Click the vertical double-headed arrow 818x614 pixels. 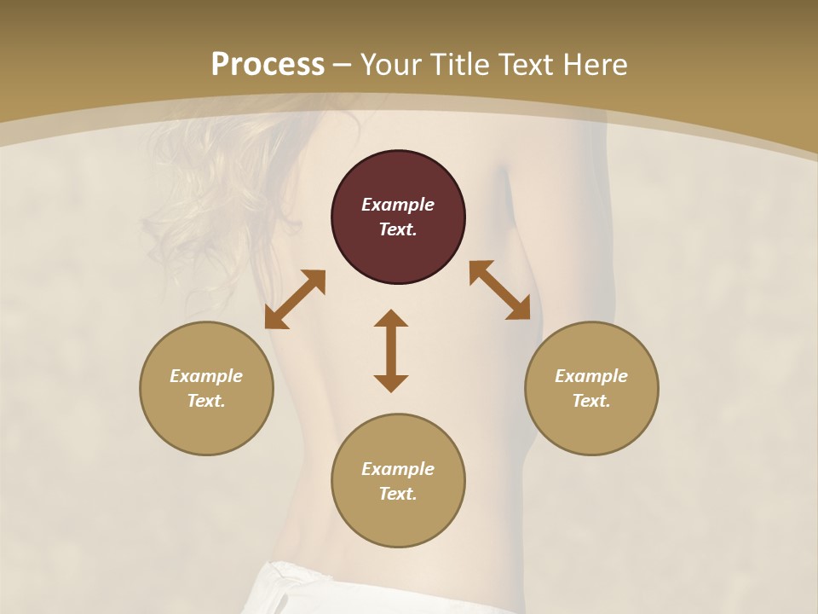pos(391,350)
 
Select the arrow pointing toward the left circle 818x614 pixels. pos(295,299)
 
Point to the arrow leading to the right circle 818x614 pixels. pos(500,290)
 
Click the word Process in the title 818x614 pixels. pos(268,65)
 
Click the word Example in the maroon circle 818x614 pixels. pos(398,205)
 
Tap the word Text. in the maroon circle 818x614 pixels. pos(398,229)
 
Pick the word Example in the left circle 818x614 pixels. pos(206,376)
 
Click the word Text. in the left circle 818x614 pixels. pos(206,401)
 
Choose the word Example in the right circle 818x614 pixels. pos(591,376)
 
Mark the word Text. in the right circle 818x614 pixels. pos(591,401)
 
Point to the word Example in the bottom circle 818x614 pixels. pos(398,469)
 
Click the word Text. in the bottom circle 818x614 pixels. pos(398,494)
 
